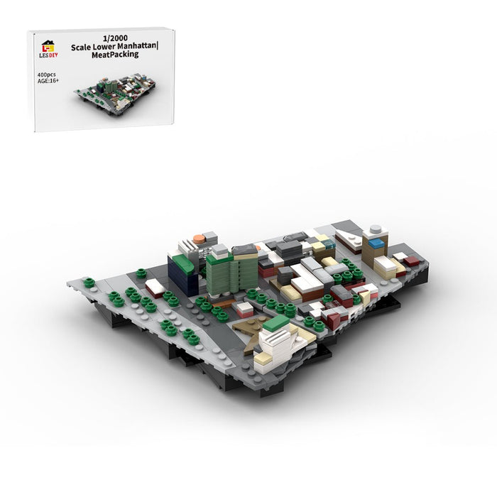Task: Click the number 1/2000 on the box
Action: [x=115, y=38]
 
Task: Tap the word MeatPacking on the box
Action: [x=115, y=55]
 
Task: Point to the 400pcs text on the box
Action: [x=46, y=75]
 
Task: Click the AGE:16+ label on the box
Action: [x=48, y=81]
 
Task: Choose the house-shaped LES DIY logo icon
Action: [x=48, y=46]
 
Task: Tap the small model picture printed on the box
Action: [x=116, y=94]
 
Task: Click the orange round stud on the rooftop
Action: [x=199, y=238]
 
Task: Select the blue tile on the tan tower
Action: [x=376, y=244]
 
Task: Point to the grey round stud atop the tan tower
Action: [x=376, y=229]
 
